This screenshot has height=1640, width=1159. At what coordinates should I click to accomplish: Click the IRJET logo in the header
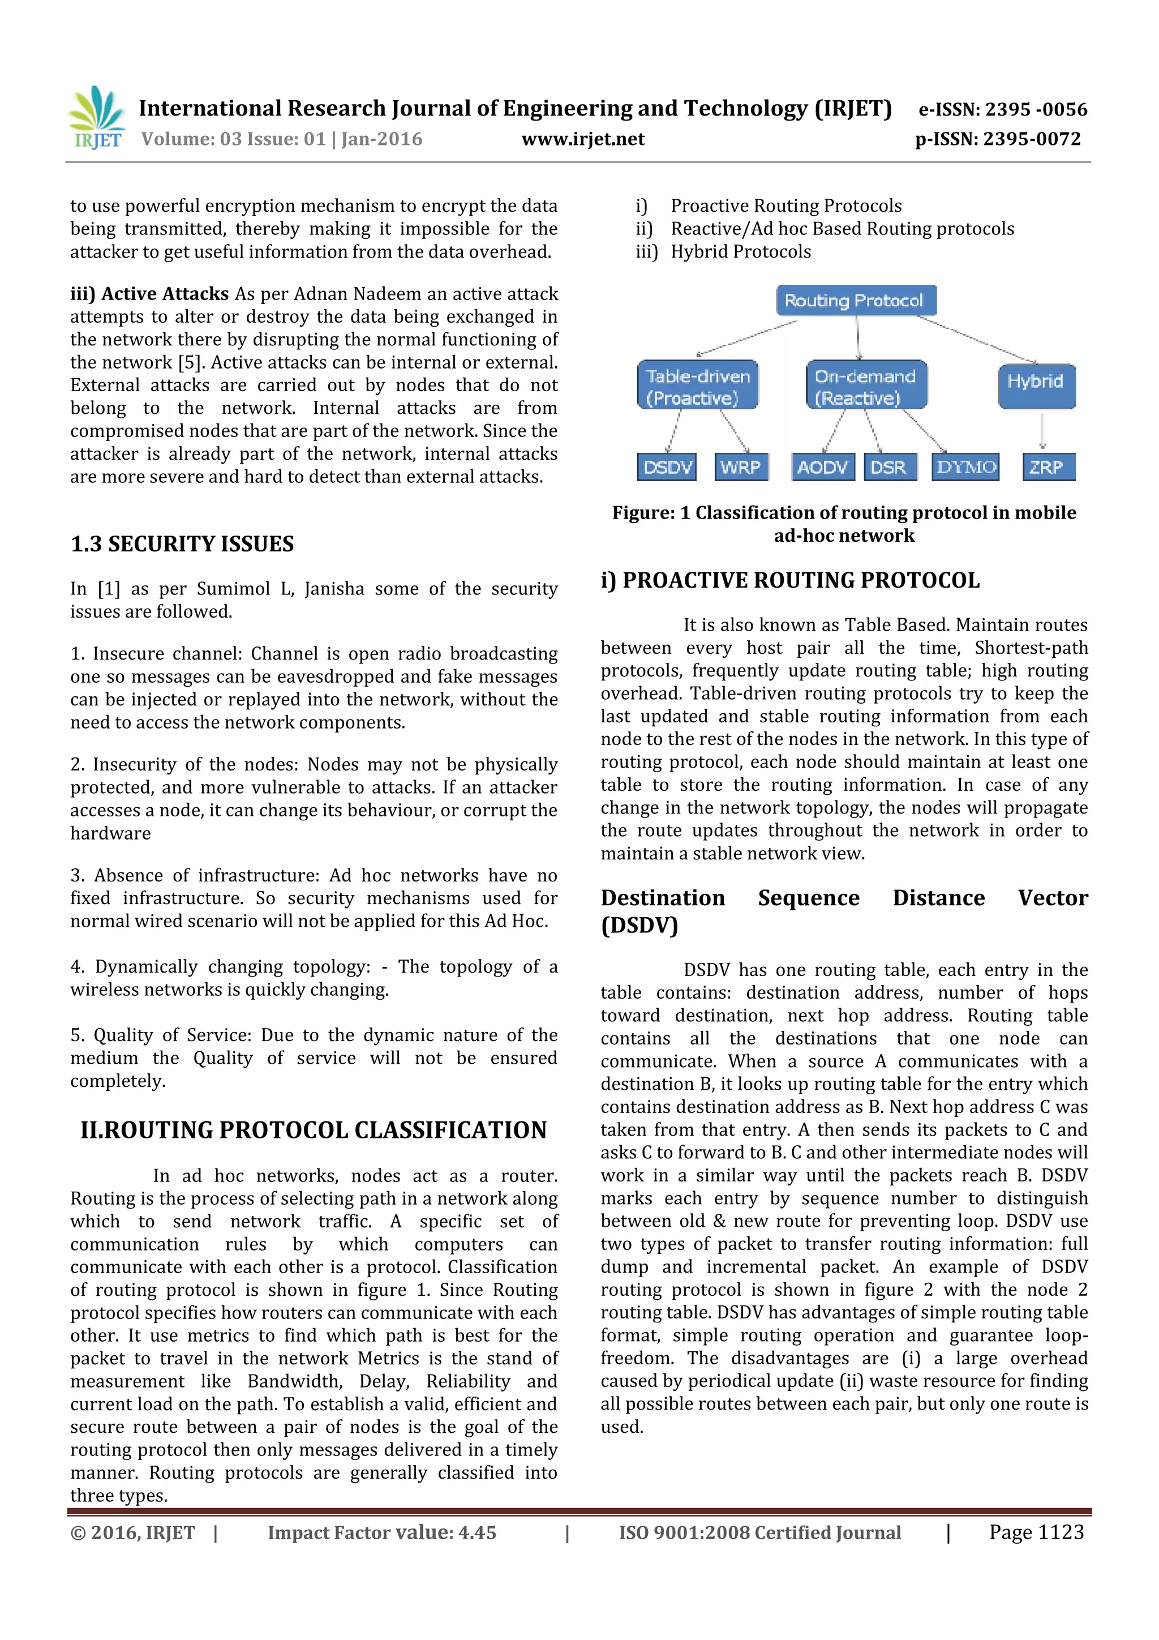[96, 118]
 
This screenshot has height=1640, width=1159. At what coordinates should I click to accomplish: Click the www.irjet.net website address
[583, 139]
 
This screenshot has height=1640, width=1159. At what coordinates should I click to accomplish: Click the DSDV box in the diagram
[668, 468]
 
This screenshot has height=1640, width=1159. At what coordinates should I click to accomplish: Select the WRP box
[741, 468]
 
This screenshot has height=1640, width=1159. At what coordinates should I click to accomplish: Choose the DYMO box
[965, 468]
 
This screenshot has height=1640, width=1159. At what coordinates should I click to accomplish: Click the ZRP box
[1047, 468]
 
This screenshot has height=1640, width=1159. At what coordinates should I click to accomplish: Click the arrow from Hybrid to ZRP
[1042, 431]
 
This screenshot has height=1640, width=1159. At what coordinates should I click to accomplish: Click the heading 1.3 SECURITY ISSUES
[182, 544]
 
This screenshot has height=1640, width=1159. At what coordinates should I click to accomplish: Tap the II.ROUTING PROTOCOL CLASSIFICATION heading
[314, 1130]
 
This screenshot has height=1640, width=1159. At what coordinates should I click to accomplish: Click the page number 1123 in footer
[1036, 1532]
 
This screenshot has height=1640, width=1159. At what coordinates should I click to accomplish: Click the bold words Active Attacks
[164, 294]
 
